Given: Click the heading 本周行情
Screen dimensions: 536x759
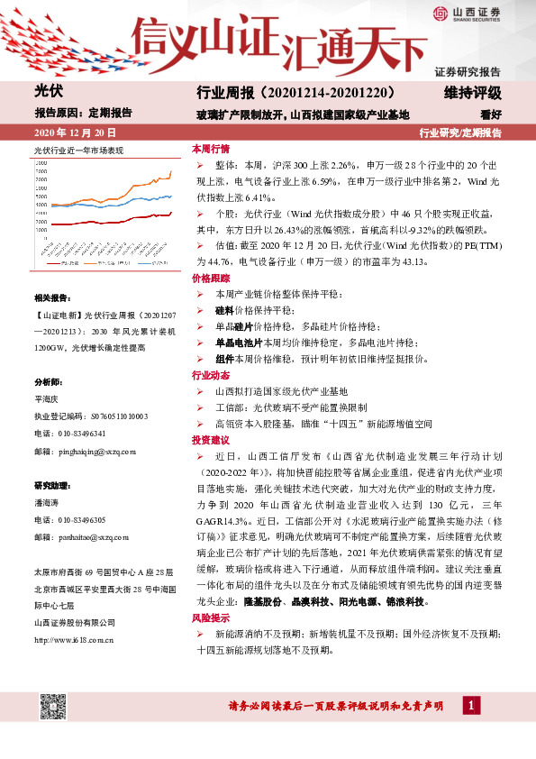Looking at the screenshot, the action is [211, 148].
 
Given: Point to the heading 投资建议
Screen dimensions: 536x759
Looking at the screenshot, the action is [211, 440].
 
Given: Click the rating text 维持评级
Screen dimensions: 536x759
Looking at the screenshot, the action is [472, 93].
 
